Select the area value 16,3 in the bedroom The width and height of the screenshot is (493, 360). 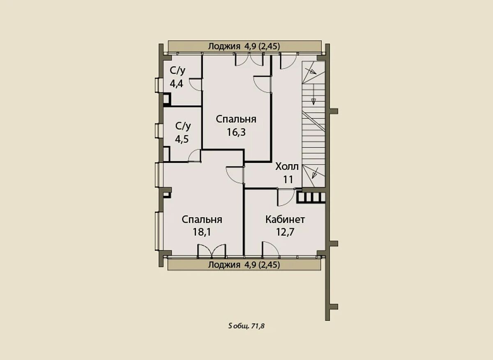click(236, 132)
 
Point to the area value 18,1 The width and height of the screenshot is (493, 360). click(202, 232)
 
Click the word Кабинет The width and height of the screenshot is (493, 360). click(285, 220)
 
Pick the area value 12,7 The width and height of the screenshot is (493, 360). click(285, 232)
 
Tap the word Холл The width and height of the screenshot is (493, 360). click(287, 167)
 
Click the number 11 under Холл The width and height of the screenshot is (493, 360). click(288, 179)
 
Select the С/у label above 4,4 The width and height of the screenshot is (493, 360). click(177, 71)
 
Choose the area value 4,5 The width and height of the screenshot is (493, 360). click(182, 139)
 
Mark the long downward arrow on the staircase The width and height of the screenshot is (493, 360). click(313, 94)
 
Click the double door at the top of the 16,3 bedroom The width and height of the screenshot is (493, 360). click(249, 60)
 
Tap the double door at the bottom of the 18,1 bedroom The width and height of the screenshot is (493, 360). click(212, 251)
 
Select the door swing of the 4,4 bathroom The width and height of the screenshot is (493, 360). click(196, 84)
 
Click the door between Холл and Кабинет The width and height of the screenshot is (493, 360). click(286, 197)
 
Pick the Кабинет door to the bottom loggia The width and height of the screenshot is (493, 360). click(270, 249)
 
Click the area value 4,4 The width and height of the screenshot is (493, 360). click(177, 84)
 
